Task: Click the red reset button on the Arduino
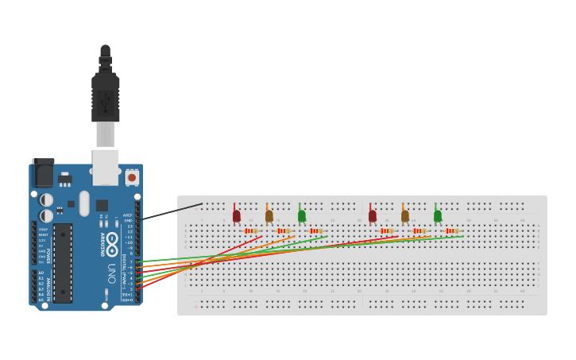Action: [132, 178]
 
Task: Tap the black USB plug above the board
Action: [106, 95]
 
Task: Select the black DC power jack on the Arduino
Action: [43, 175]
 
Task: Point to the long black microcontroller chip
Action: [63, 262]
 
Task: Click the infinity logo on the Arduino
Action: [112, 239]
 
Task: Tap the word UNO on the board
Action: [112, 273]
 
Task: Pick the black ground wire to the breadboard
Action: [171, 211]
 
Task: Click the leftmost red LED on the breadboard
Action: [236, 215]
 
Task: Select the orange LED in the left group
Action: [269, 215]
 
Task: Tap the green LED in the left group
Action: [302, 215]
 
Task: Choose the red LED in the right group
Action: [372, 215]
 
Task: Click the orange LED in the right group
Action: [405, 215]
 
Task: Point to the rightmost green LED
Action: [438, 215]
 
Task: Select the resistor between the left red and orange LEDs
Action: [251, 230]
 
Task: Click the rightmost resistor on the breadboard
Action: [453, 230]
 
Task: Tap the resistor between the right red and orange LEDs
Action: [387, 230]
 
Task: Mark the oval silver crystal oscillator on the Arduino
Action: [84, 203]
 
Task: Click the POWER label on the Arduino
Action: [48, 255]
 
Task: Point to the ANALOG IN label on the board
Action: [48, 285]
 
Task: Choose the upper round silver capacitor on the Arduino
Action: [47, 199]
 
